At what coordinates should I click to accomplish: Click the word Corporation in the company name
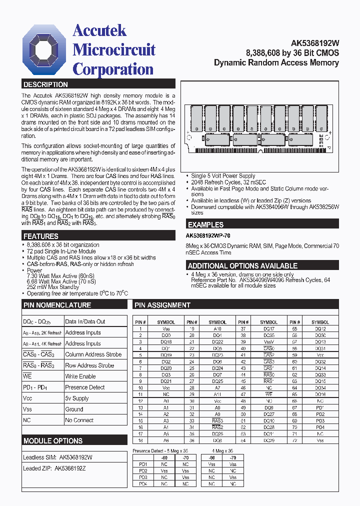(113, 69)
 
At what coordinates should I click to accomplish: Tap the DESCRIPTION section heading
(45, 84)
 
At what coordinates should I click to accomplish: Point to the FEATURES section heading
(41, 236)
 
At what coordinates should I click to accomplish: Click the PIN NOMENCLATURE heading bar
(57, 305)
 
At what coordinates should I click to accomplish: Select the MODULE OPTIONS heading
(53, 441)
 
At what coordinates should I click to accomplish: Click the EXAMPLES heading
(205, 225)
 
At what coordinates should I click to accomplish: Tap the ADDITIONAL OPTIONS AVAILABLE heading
(242, 266)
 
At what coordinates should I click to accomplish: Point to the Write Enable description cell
(80, 376)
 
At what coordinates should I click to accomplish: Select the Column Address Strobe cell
(93, 354)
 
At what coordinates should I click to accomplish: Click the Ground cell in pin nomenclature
(74, 409)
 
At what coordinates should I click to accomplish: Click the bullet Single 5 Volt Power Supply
(223, 176)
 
